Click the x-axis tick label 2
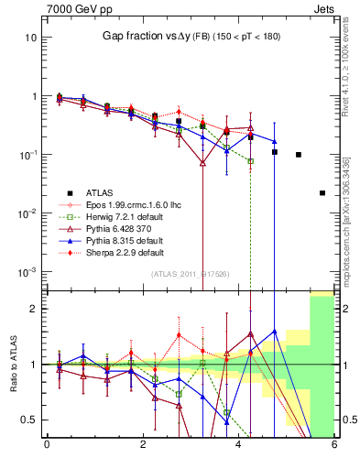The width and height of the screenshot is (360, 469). (x=143, y=446)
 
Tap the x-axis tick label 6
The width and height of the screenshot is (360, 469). (x=334, y=446)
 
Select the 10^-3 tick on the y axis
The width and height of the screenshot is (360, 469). (x=30, y=272)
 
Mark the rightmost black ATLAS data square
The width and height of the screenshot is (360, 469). (x=322, y=193)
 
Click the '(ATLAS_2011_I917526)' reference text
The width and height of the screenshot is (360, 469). (x=190, y=274)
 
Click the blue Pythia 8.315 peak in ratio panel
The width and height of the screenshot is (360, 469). (x=274, y=331)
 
